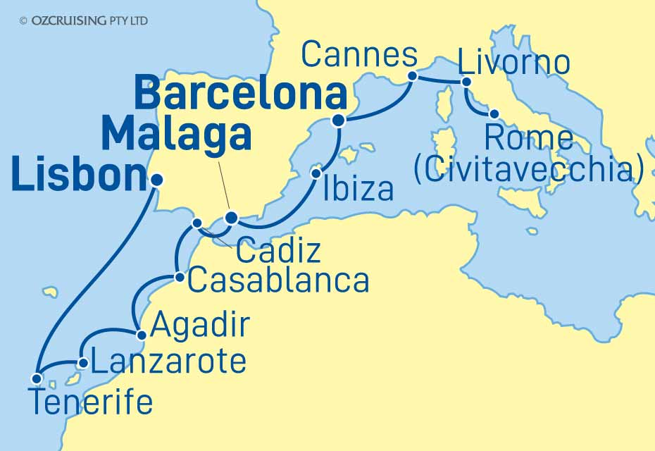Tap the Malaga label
pos(176,134)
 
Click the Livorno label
pos(513,63)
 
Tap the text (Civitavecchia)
pos(529,170)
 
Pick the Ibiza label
pos(358,189)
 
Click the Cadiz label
pos(278,251)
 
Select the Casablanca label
pos(279,281)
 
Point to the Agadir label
pos(201,326)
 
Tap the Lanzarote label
pos(169,362)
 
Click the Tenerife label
pos(91,403)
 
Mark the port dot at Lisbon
pos(156,180)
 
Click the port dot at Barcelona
pos(338,121)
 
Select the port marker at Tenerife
pos(37,378)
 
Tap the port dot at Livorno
pos(466,82)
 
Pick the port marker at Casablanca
pos(180,278)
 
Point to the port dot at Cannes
pos(413,74)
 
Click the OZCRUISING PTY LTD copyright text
pos(84,21)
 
